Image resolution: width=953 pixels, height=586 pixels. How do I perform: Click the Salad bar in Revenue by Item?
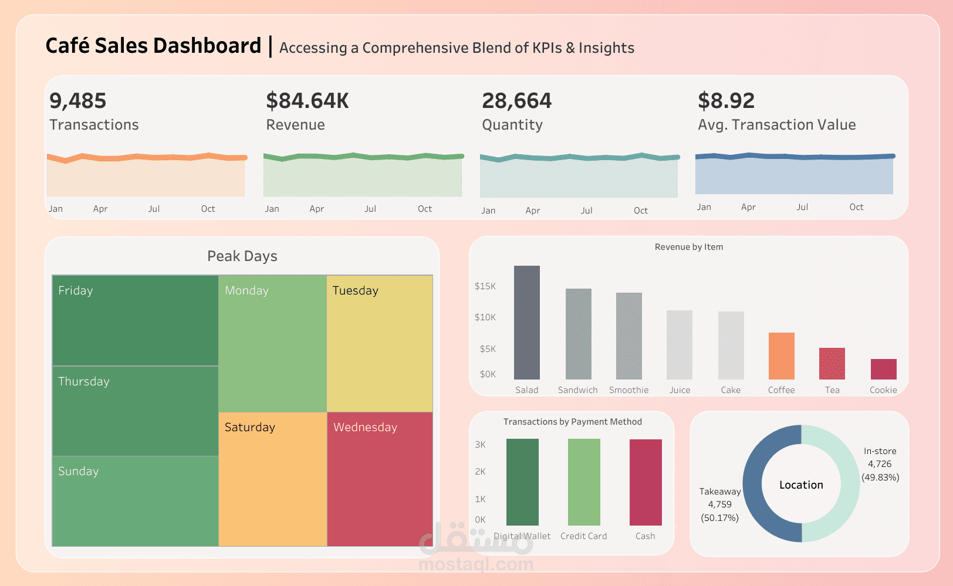click(x=527, y=323)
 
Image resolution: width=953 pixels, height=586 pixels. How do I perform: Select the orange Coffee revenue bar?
click(x=781, y=356)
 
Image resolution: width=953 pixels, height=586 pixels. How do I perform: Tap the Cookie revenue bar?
click(x=883, y=369)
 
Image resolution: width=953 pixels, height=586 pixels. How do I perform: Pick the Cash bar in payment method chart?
click(x=646, y=482)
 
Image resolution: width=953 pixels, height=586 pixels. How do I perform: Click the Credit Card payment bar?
click(x=584, y=482)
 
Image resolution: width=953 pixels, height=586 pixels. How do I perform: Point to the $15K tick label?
click(x=485, y=286)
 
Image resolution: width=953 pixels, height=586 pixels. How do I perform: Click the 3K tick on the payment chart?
click(x=481, y=445)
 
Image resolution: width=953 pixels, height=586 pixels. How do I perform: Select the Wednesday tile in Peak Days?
click(x=380, y=479)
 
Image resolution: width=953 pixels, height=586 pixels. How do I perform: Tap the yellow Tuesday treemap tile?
click(x=380, y=344)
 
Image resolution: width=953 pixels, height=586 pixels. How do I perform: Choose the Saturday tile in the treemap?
click(x=273, y=479)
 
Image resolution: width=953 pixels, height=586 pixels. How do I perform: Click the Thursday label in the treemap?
click(x=84, y=381)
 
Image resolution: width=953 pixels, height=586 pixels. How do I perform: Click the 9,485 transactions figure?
click(x=78, y=101)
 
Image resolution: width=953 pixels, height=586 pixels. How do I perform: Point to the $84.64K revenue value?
click(x=307, y=101)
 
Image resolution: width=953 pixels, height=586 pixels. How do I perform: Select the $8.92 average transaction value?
click(x=726, y=101)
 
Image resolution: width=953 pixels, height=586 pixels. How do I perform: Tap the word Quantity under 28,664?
click(x=512, y=124)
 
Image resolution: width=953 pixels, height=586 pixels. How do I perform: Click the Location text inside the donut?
click(x=801, y=485)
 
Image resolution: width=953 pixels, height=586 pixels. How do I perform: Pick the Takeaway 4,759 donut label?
click(x=720, y=504)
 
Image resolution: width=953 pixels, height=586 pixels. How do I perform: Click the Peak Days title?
click(x=242, y=256)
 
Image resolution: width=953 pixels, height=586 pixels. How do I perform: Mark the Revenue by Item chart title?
click(x=689, y=247)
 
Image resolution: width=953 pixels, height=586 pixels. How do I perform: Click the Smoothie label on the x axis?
click(x=629, y=390)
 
